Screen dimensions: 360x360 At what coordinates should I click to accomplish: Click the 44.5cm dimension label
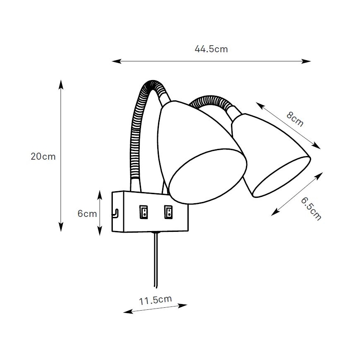(x=211, y=49)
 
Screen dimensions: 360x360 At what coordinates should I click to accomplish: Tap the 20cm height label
(x=43, y=157)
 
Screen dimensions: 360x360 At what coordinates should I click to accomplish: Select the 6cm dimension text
(x=87, y=214)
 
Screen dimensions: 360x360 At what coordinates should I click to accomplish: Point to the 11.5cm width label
(x=155, y=300)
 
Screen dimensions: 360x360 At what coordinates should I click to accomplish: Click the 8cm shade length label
(x=295, y=119)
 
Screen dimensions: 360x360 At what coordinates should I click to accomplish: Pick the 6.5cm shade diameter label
(x=311, y=209)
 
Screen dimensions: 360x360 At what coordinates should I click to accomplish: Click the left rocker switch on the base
(x=144, y=212)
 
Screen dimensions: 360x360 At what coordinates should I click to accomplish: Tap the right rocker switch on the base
(x=168, y=212)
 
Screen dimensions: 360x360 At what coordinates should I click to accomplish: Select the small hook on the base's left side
(x=115, y=213)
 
